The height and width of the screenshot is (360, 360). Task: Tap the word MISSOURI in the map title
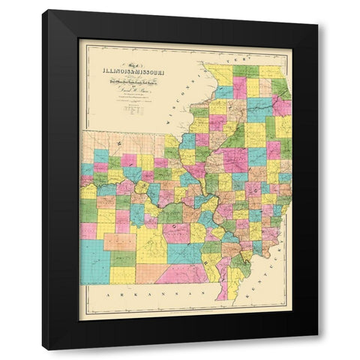click(154, 73)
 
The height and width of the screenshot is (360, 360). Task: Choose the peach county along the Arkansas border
click(148, 272)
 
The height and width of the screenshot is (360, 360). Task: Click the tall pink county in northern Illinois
click(239, 85)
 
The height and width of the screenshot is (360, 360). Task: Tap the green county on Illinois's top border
click(244, 70)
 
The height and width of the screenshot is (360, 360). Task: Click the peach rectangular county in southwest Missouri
click(119, 241)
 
